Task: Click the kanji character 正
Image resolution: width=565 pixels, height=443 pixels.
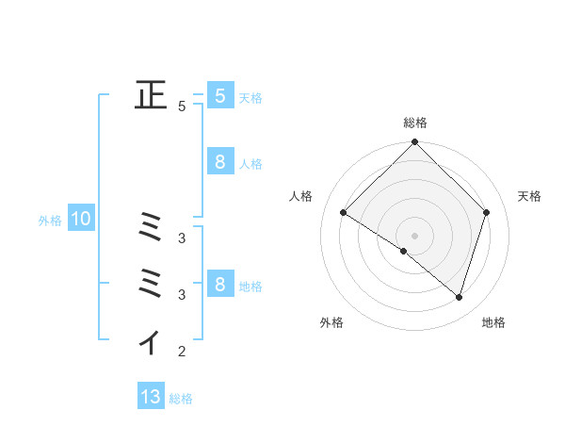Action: [151, 95]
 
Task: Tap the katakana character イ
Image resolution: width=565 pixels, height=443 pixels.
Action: [151, 342]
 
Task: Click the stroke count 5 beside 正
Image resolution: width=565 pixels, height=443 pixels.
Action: [182, 107]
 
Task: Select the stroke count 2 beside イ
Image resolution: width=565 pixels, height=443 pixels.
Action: [182, 353]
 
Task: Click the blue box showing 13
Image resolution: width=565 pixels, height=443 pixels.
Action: [151, 397]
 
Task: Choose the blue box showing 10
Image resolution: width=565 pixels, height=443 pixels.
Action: [81, 220]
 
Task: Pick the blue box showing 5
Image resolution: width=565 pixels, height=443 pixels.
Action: [219, 95]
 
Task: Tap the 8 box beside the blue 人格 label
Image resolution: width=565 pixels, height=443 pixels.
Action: [219, 162]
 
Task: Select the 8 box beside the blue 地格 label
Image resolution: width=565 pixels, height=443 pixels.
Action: [219, 284]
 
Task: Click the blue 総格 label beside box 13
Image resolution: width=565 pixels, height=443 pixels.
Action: [181, 399]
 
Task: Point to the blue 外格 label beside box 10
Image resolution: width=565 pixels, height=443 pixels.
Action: [50, 221]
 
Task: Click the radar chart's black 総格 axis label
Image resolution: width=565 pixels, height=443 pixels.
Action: [414, 123]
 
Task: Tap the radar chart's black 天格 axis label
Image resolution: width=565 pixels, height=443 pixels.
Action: [529, 196]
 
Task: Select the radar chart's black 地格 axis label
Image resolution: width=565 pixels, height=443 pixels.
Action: [493, 323]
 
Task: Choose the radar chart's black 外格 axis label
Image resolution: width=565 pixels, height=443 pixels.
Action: [331, 323]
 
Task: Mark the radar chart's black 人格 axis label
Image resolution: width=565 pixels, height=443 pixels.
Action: [300, 196]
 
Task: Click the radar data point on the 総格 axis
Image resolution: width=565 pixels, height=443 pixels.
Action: [414, 142]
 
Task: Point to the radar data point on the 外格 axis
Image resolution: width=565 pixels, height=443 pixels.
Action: [404, 251]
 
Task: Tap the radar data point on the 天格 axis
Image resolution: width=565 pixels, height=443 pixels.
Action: [487, 212]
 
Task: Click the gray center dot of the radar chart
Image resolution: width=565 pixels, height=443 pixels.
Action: [414, 236]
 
